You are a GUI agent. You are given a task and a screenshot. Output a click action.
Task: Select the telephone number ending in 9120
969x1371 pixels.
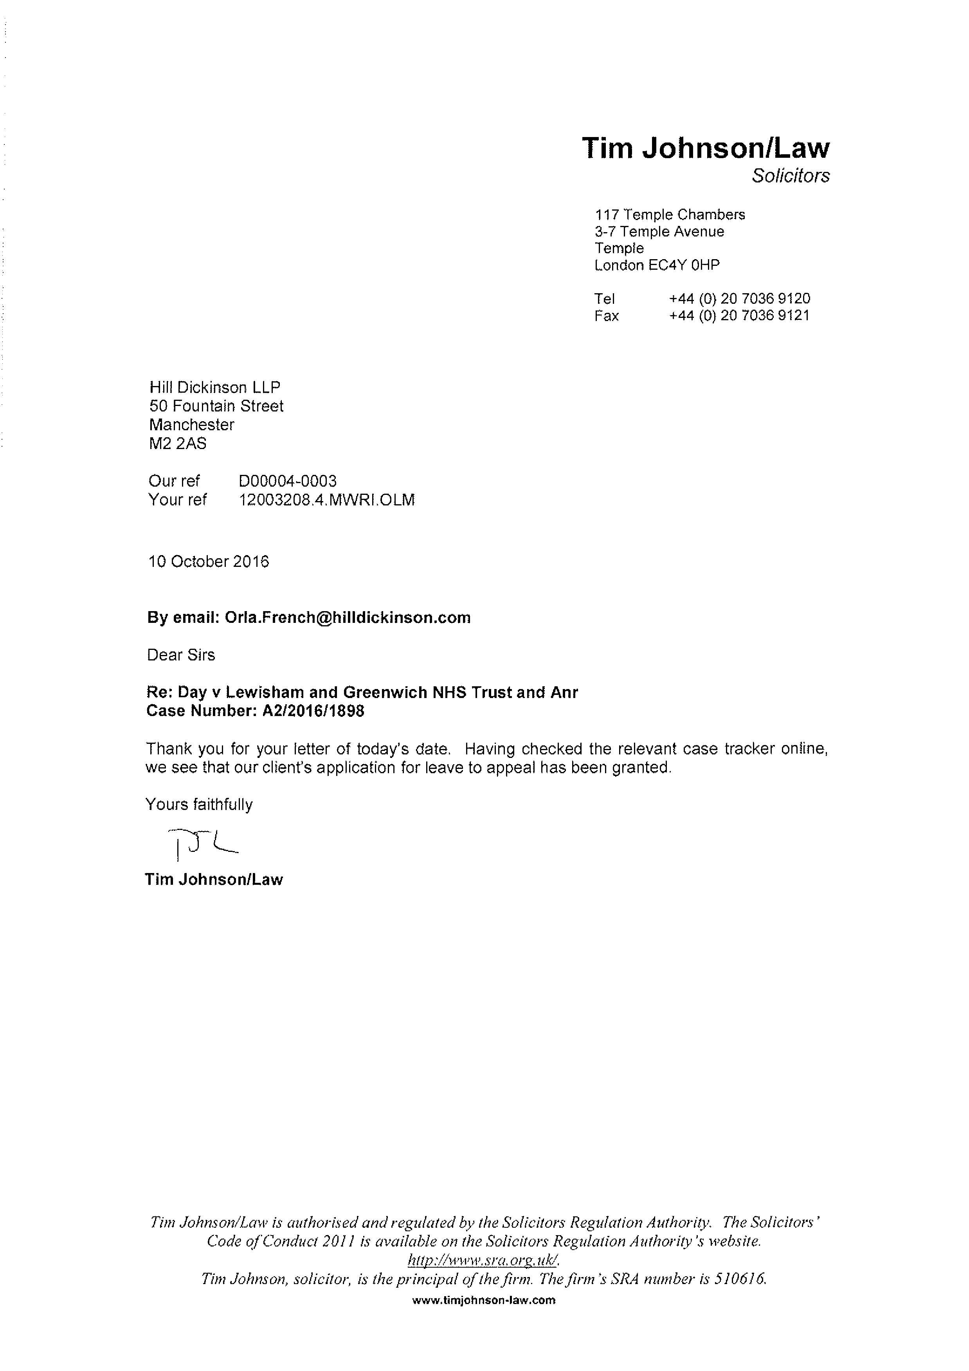point(739,299)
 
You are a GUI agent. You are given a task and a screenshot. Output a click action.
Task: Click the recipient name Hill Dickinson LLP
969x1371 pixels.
point(214,388)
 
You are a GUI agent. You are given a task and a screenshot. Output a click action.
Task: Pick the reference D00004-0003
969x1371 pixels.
point(287,481)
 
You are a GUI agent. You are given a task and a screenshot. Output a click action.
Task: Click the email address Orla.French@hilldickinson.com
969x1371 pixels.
point(348,617)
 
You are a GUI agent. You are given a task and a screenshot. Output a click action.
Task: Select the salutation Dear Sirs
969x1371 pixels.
point(181,655)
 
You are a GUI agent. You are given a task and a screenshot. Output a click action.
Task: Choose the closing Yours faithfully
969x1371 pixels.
point(199,805)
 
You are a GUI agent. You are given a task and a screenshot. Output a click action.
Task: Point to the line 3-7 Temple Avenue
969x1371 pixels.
point(659,232)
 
